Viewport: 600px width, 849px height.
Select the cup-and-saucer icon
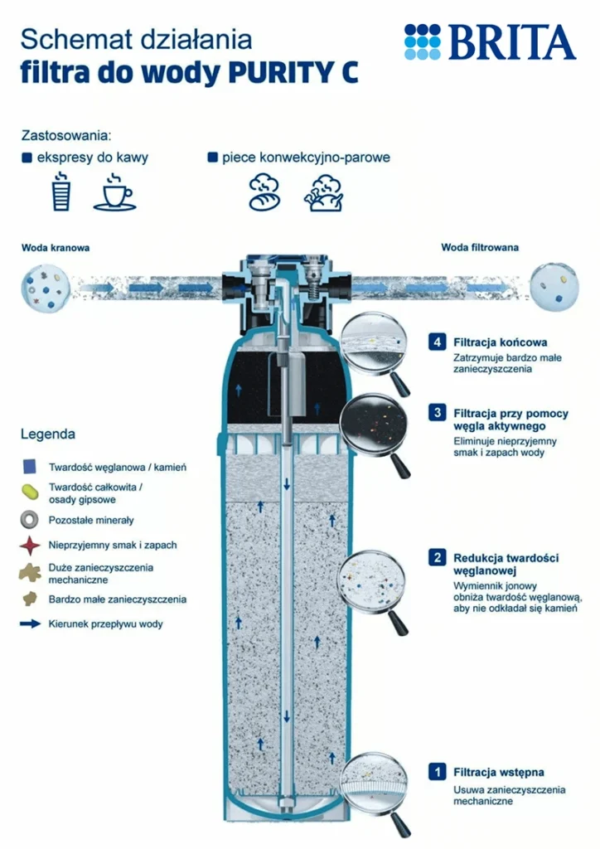click(x=115, y=192)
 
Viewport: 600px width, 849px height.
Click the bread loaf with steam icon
click(x=265, y=192)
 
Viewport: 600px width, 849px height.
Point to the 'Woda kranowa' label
click(x=56, y=247)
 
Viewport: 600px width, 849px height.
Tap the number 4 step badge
click(x=436, y=342)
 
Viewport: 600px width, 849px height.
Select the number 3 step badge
click(x=436, y=412)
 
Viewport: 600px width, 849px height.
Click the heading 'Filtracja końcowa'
click(x=500, y=342)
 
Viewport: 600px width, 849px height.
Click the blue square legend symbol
click(x=31, y=467)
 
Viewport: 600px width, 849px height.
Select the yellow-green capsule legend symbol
click(x=31, y=492)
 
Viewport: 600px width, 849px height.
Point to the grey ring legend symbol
click(x=31, y=520)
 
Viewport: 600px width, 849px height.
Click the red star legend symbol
click(x=31, y=546)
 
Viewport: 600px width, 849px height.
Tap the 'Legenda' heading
click(x=48, y=434)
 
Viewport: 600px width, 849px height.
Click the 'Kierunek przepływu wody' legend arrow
click(x=31, y=623)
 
